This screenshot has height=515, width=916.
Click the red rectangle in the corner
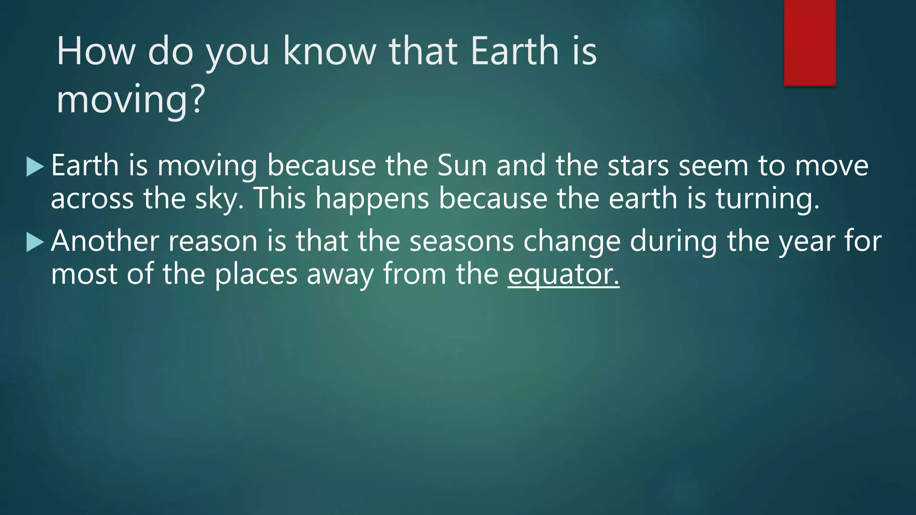pyautogui.click(x=810, y=42)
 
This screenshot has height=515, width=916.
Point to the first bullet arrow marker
pyautogui.click(x=35, y=167)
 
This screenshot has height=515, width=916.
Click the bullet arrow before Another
pyautogui.click(x=35, y=242)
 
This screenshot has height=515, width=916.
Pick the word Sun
pyautogui.click(x=462, y=165)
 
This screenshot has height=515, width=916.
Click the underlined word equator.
pyautogui.click(x=563, y=274)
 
